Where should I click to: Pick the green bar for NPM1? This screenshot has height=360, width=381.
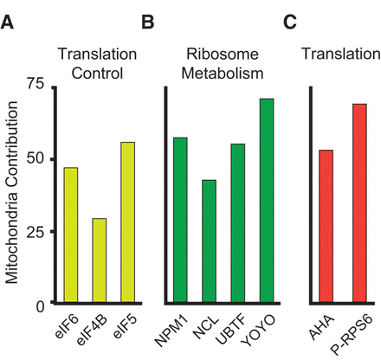tap(180, 221)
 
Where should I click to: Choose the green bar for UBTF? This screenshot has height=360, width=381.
tap(237, 224)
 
